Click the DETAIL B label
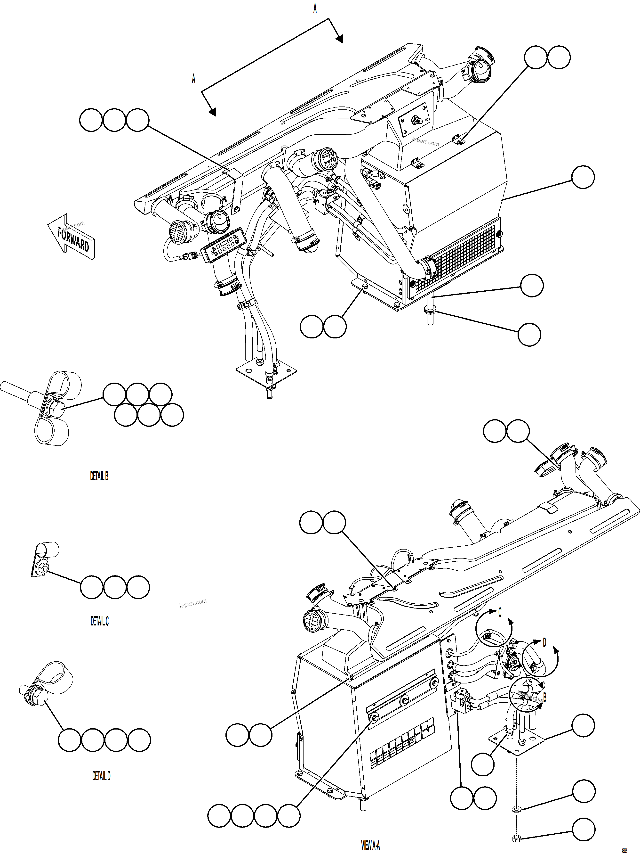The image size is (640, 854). [x=99, y=476]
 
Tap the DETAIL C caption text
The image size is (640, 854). [x=100, y=621]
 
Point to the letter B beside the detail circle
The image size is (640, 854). [x=545, y=697]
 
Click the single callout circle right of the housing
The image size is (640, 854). [x=583, y=177]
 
